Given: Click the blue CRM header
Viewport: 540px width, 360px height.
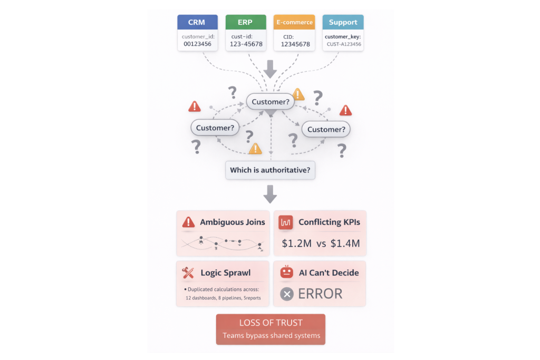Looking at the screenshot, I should [197, 22].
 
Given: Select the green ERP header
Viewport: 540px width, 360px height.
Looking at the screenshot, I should [245, 22].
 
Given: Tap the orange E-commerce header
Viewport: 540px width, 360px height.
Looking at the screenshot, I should [294, 22].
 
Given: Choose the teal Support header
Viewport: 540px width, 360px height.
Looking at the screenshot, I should [343, 22].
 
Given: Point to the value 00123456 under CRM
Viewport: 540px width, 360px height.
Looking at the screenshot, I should [197, 44].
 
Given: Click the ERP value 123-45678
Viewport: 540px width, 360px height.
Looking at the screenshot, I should [245, 44].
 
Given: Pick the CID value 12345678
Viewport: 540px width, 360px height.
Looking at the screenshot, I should [294, 44].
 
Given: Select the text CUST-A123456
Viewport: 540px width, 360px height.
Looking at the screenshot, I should [343, 45].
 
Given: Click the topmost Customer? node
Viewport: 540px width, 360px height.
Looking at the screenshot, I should [271, 102].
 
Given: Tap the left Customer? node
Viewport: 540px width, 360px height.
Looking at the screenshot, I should [215, 128].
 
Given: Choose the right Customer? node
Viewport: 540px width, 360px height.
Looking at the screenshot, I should [326, 129].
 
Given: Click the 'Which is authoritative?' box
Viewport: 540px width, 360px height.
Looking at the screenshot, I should [270, 170].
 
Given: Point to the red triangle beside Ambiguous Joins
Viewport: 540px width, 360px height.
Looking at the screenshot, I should [188, 222].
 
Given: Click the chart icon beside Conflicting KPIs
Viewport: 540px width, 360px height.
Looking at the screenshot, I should [286, 222].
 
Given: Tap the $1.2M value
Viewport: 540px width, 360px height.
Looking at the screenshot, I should [297, 243].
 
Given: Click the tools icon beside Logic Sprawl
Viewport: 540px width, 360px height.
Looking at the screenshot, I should [188, 273].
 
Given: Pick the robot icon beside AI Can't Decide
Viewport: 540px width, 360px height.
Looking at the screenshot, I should [286, 272].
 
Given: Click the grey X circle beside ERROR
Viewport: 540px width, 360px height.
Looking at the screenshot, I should [287, 294].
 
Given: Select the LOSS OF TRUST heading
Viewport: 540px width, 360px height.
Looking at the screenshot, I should [271, 323].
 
